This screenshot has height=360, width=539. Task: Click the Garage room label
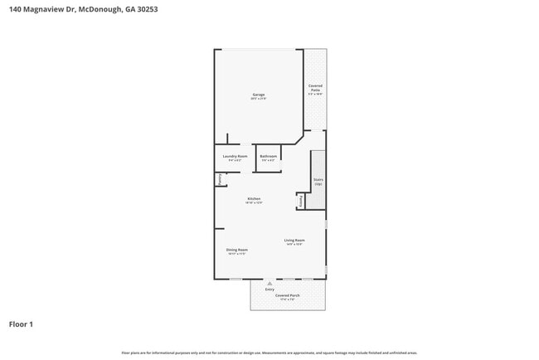pyautogui.click(x=259, y=95)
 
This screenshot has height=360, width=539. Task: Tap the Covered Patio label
pyautogui.click(x=315, y=87)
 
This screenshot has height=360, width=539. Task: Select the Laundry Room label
pyautogui.click(x=236, y=156)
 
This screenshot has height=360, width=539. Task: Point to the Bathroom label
pyautogui.click(x=268, y=156)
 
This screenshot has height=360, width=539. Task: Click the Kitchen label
pyautogui.click(x=254, y=198)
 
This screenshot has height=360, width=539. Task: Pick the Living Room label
pyautogui.click(x=294, y=241)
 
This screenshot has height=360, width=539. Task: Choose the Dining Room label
pyautogui.click(x=237, y=250)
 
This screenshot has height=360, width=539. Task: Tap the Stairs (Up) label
pyautogui.click(x=318, y=181)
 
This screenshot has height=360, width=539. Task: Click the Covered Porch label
pyautogui.click(x=288, y=294)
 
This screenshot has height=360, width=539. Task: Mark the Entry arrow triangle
pyautogui.click(x=269, y=283)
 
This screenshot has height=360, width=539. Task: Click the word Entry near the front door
pyautogui.click(x=269, y=289)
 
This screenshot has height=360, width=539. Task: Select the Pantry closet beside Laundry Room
pyautogui.click(x=220, y=178)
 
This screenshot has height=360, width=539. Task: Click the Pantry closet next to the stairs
pyautogui.click(x=300, y=201)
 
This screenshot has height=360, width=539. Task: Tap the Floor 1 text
pyautogui.click(x=22, y=324)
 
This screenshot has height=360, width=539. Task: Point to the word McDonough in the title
pyautogui.click(x=105, y=10)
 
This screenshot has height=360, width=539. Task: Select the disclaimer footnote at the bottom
pyautogui.click(x=269, y=353)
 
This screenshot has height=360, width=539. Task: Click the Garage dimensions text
pyautogui.click(x=259, y=100)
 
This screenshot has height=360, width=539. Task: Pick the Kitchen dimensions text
pyautogui.click(x=254, y=202)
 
